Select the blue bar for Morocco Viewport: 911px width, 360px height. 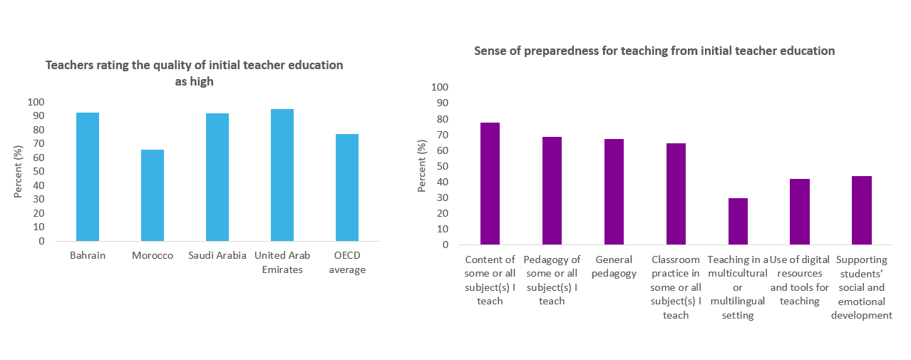click(x=153, y=195)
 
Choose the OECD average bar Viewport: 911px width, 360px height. click(x=347, y=187)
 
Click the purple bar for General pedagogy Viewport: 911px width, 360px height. click(x=614, y=192)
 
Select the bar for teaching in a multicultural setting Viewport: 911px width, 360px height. click(x=738, y=222)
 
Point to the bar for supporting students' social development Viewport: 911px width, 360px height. click(x=862, y=210)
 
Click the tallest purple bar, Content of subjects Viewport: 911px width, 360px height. click(x=490, y=184)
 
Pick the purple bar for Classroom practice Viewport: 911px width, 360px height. click(x=676, y=194)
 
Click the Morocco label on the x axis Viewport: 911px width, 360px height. click(x=153, y=256)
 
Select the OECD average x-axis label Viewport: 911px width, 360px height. click(x=347, y=262)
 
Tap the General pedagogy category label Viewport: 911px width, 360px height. click(x=614, y=267)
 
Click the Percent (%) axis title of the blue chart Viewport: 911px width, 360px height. click(x=19, y=171)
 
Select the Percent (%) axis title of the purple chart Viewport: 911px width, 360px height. click(x=421, y=166)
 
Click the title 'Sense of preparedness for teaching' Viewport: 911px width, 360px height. click(x=654, y=51)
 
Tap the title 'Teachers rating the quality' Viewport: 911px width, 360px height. click(x=194, y=73)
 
